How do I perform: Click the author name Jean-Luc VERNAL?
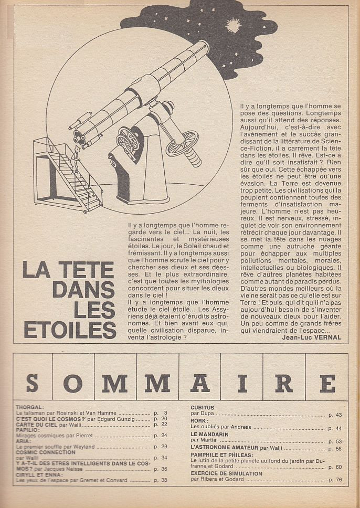pos(311,337)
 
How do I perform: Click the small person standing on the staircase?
pos(77,156)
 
